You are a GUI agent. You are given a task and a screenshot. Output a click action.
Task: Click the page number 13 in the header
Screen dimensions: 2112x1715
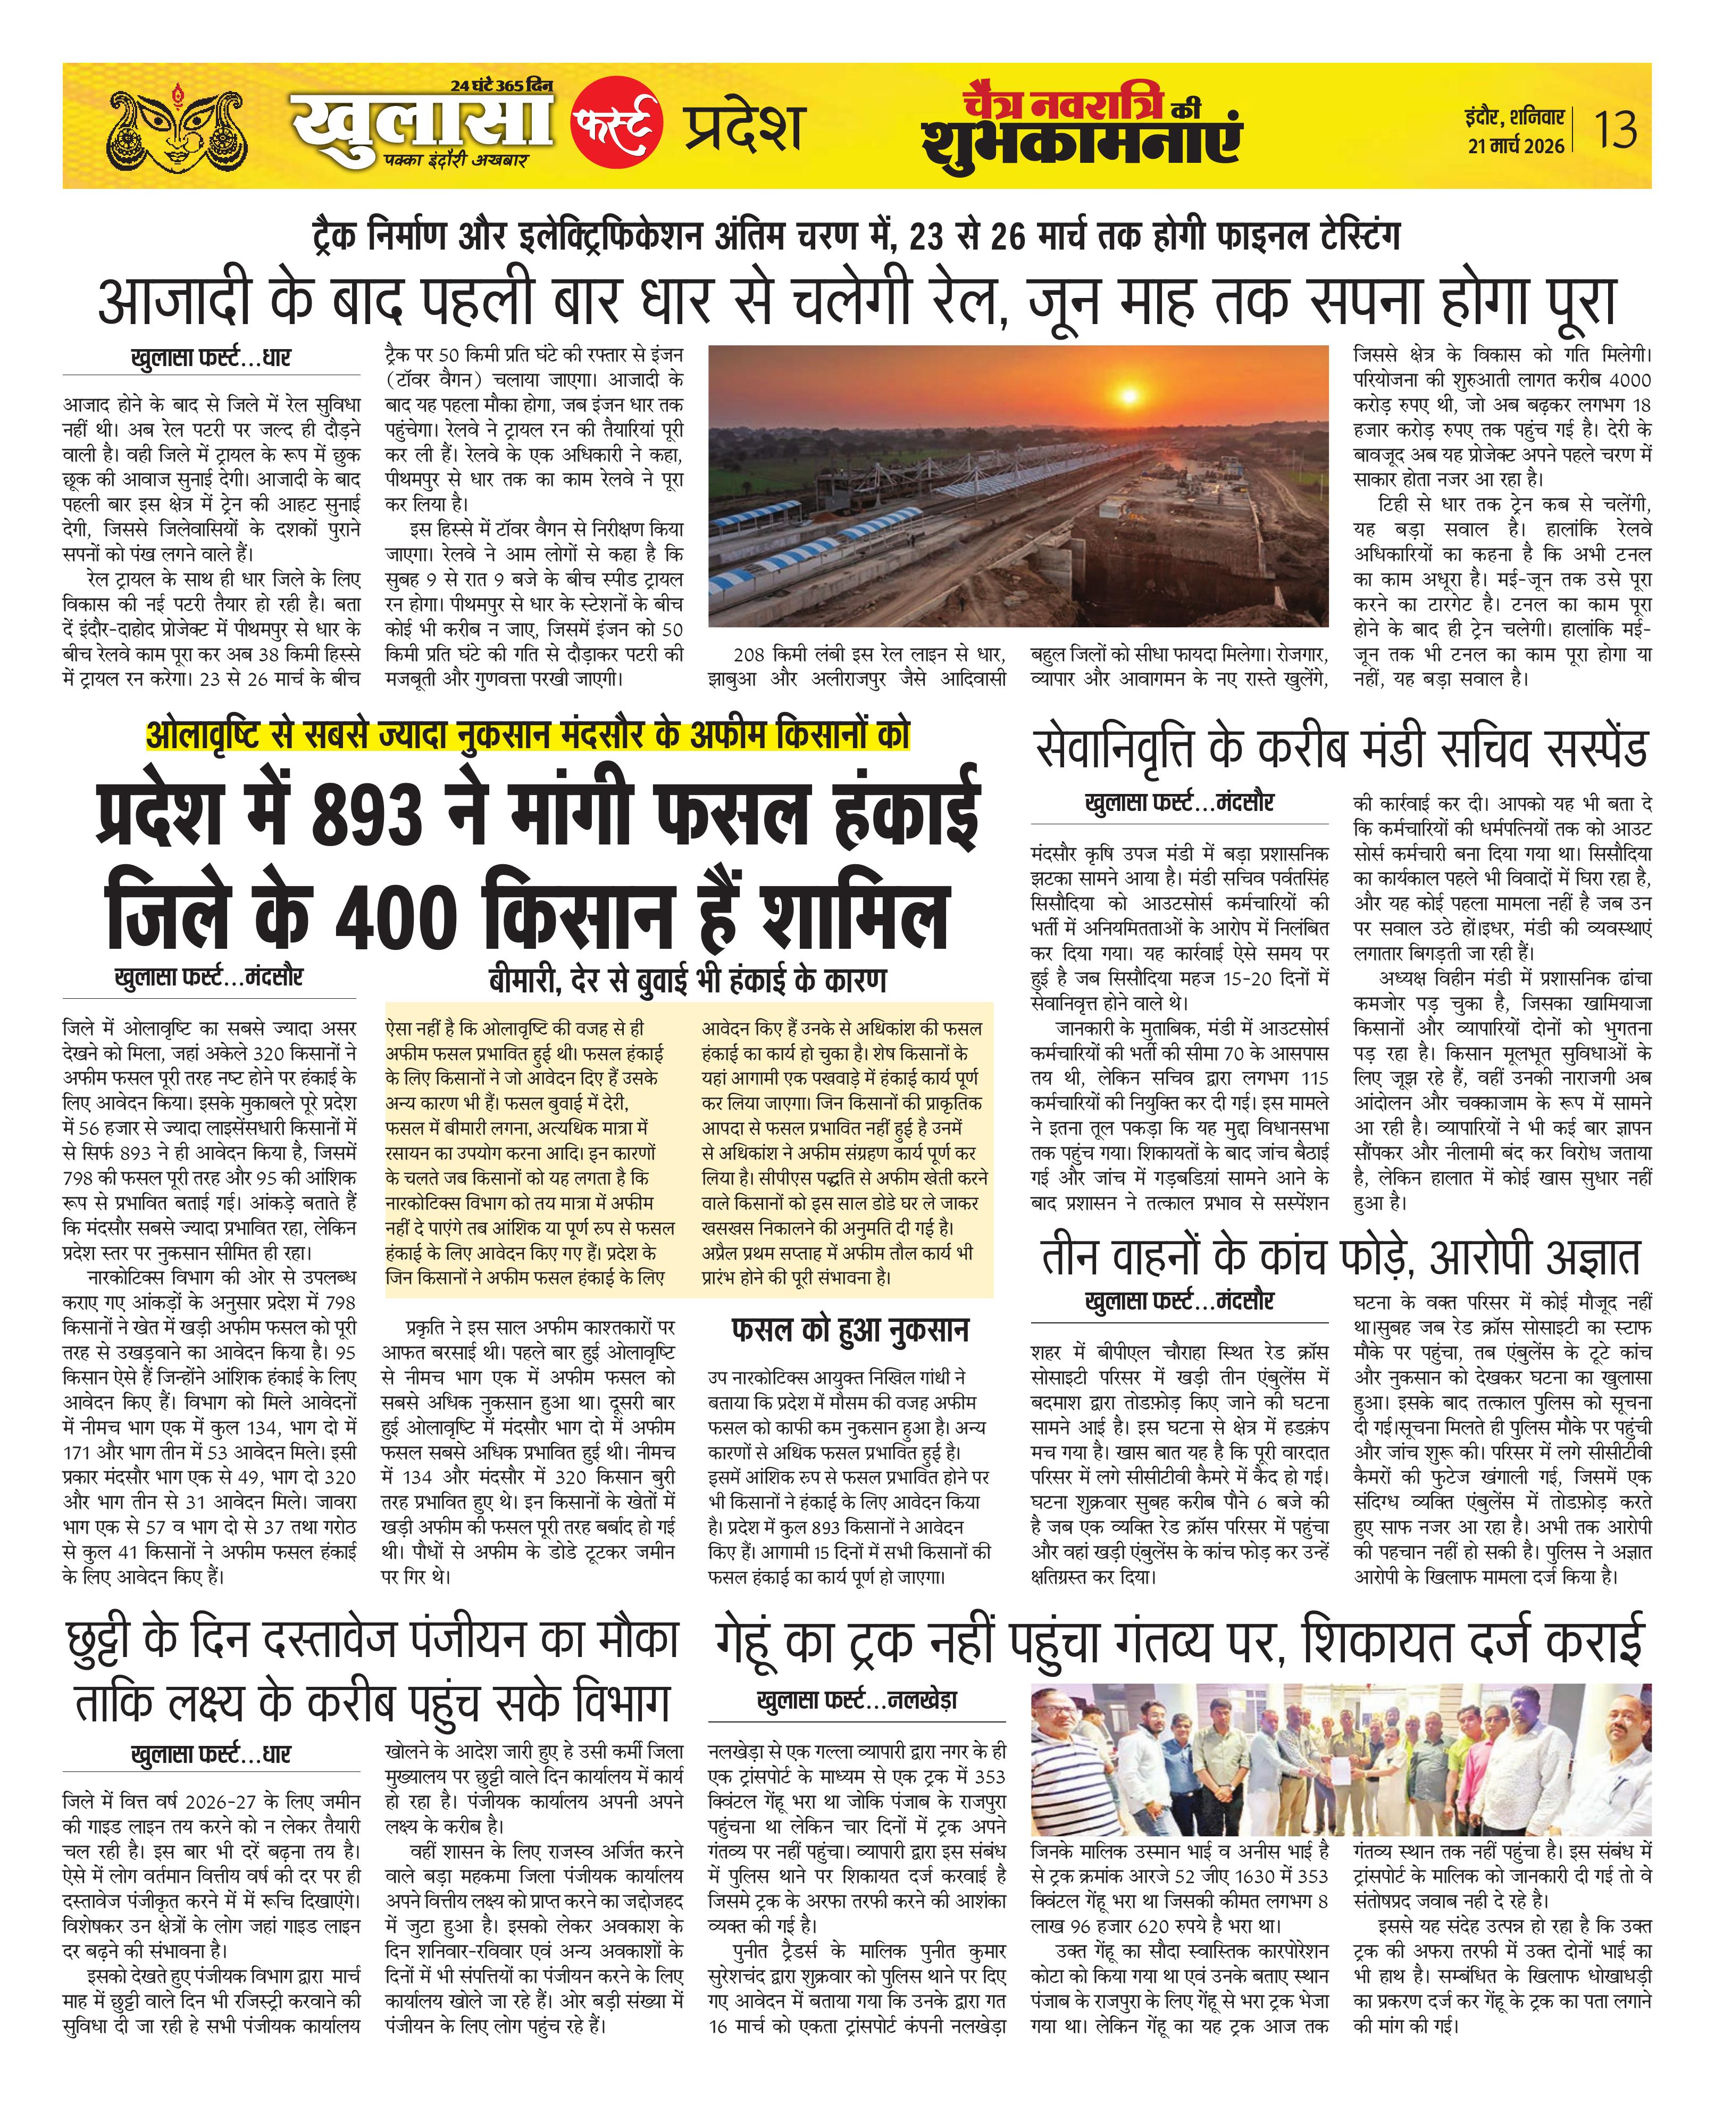click(1615, 129)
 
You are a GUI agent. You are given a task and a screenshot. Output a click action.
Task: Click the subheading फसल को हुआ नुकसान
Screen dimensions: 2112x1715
click(850, 1330)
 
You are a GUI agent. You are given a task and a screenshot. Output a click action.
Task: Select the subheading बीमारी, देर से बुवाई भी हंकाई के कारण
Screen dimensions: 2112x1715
click(688, 980)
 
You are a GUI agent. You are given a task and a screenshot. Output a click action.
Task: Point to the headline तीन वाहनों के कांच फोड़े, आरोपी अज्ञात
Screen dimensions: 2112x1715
click(1341, 1258)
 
